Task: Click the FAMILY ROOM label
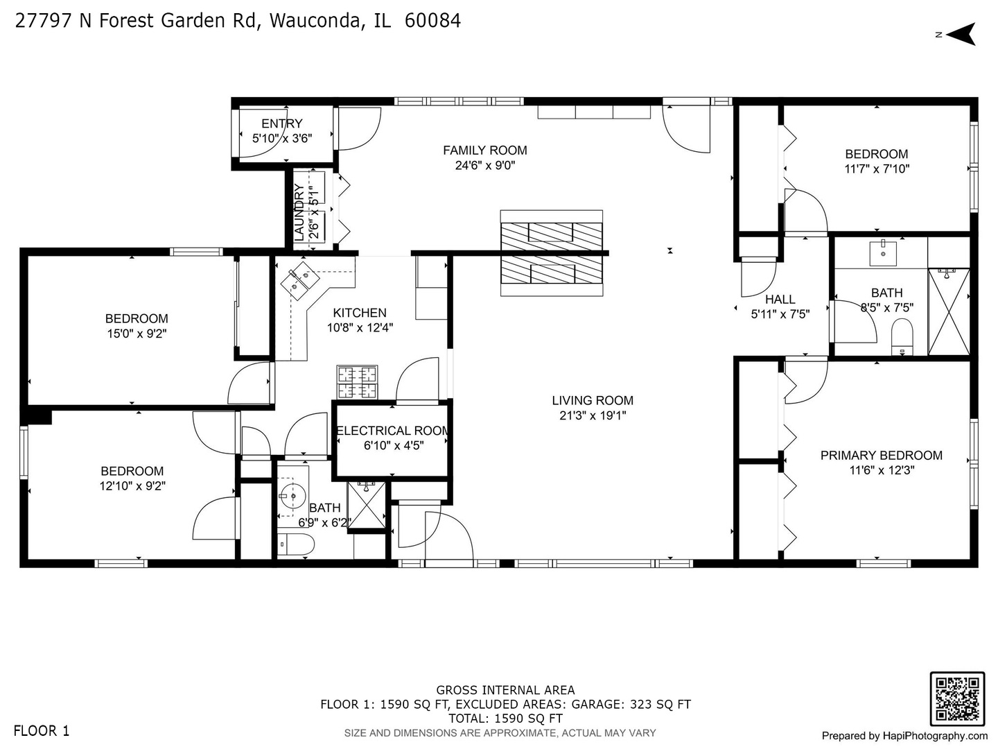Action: [x=484, y=150]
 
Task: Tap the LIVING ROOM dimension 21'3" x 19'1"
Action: [x=593, y=415]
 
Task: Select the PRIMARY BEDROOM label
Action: [x=881, y=455]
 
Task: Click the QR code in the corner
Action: [x=956, y=698]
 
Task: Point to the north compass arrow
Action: [x=961, y=34]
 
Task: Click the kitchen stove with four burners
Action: [x=358, y=382]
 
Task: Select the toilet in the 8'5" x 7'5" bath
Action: [x=902, y=337]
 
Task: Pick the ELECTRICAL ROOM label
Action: [x=392, y=431]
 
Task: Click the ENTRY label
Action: [x=281, y=123]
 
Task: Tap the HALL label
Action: [x=780, y=300]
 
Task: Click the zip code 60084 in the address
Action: [x=432, y=21]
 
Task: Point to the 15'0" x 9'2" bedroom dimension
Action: [x=137, y=334]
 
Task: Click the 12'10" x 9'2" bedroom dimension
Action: [x=132, y=486]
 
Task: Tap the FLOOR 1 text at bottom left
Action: [x=42, y=730]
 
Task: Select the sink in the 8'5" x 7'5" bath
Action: [x=883, y=252]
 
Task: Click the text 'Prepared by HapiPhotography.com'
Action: [x=904, y=736]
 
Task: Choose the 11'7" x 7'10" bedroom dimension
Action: [x=877, y=169]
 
